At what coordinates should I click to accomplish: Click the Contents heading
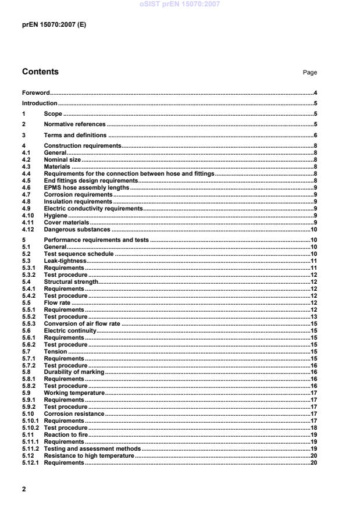coord(40,72)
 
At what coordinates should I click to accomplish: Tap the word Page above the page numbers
coord(309,73)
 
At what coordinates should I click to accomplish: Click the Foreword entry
coord(35,93)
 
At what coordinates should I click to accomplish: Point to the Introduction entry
coord(40,104)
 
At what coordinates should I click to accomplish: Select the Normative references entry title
coord(75,124)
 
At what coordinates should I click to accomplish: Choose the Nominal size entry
coord(63,159)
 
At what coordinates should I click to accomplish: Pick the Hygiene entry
coord(56,215)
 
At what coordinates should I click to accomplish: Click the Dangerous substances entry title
coord(77,230)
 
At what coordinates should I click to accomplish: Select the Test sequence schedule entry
coord(79,254)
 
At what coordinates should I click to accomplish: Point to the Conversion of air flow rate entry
coord(83,323)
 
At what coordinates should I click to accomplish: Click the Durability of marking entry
coord(74,372)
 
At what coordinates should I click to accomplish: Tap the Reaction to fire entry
coord(66,434)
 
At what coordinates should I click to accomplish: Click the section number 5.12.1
coord(30,463)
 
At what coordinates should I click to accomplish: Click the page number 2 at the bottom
coord(24,489)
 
